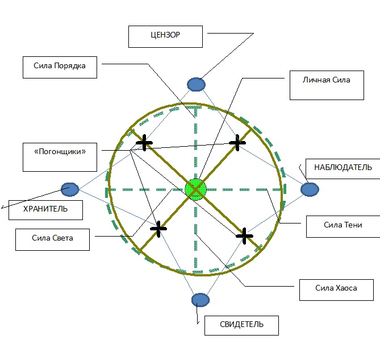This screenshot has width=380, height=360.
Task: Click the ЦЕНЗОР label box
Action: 166,36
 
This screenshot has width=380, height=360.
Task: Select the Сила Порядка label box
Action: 60,67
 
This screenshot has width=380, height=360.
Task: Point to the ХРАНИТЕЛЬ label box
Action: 45,209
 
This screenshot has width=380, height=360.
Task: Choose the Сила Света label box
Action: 53,238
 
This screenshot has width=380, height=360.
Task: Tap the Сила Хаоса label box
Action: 336,288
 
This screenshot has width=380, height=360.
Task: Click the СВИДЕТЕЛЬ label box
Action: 241,325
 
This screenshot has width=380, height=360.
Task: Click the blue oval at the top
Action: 196,85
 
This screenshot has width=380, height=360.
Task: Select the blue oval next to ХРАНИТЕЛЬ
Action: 70,189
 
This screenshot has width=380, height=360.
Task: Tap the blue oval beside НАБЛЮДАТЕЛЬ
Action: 310,189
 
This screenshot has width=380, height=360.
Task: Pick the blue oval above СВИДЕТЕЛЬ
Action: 201,300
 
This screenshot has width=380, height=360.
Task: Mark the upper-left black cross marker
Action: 145,143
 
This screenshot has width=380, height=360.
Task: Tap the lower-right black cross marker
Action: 244,234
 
